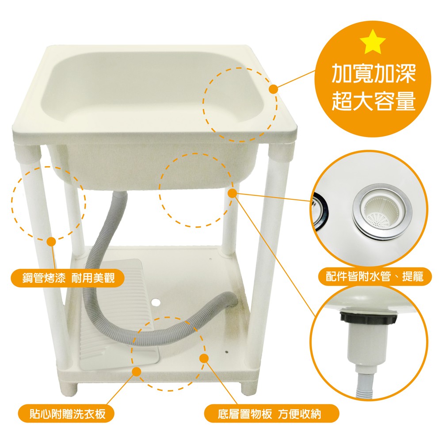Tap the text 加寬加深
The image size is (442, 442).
(373, 74)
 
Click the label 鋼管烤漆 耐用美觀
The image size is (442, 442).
(68, 278)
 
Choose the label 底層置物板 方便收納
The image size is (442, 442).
(270, 414)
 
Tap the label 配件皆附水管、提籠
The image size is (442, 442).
(375, 277)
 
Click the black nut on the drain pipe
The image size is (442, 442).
(363, 317)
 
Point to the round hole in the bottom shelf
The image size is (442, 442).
(155, 302)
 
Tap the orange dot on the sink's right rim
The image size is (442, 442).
(273, 89)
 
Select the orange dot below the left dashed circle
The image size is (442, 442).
(51, 242)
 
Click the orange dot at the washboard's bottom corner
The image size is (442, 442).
(137, 372)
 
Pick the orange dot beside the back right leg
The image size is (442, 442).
(232, 194)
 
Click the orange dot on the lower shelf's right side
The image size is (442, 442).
(204, 358)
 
